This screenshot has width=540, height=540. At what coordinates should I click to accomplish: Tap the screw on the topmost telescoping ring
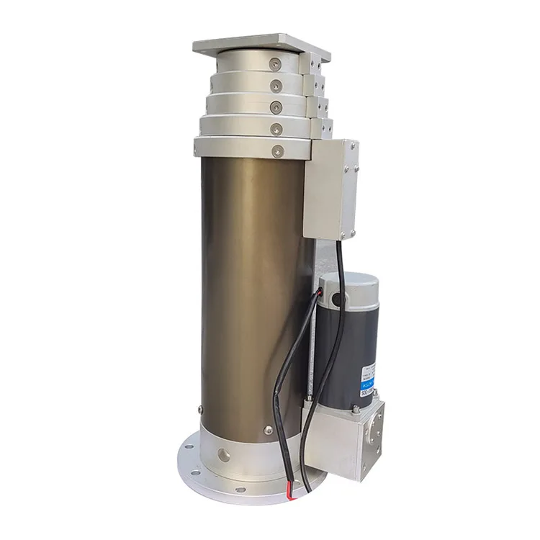point(274,66)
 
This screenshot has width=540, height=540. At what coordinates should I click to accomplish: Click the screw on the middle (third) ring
point(276,107)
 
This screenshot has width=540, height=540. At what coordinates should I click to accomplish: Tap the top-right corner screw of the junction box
point(352,146)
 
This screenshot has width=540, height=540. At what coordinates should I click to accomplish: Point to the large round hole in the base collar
point(222,456)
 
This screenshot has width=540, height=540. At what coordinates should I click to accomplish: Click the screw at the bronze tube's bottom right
point(269,430)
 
